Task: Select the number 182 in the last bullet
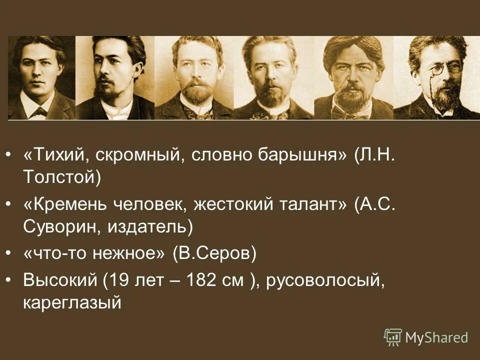coord(203,280)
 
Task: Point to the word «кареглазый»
coord(72,303)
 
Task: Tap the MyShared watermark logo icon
coord(393,337)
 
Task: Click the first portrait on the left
coord(41,78)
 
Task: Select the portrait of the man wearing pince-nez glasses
coord(436,78)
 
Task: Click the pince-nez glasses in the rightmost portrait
coord(440,69)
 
